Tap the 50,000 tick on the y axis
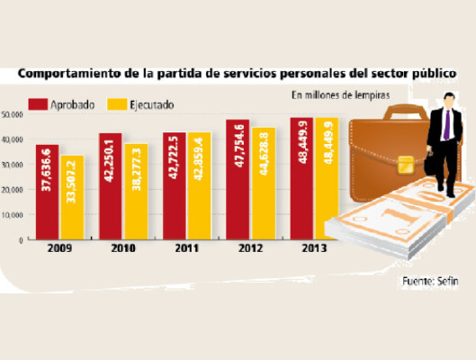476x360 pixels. (13, 114)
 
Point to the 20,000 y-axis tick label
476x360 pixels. (13, 190)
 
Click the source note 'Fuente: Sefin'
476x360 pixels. (428, 282)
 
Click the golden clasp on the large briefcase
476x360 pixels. (405, 165)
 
